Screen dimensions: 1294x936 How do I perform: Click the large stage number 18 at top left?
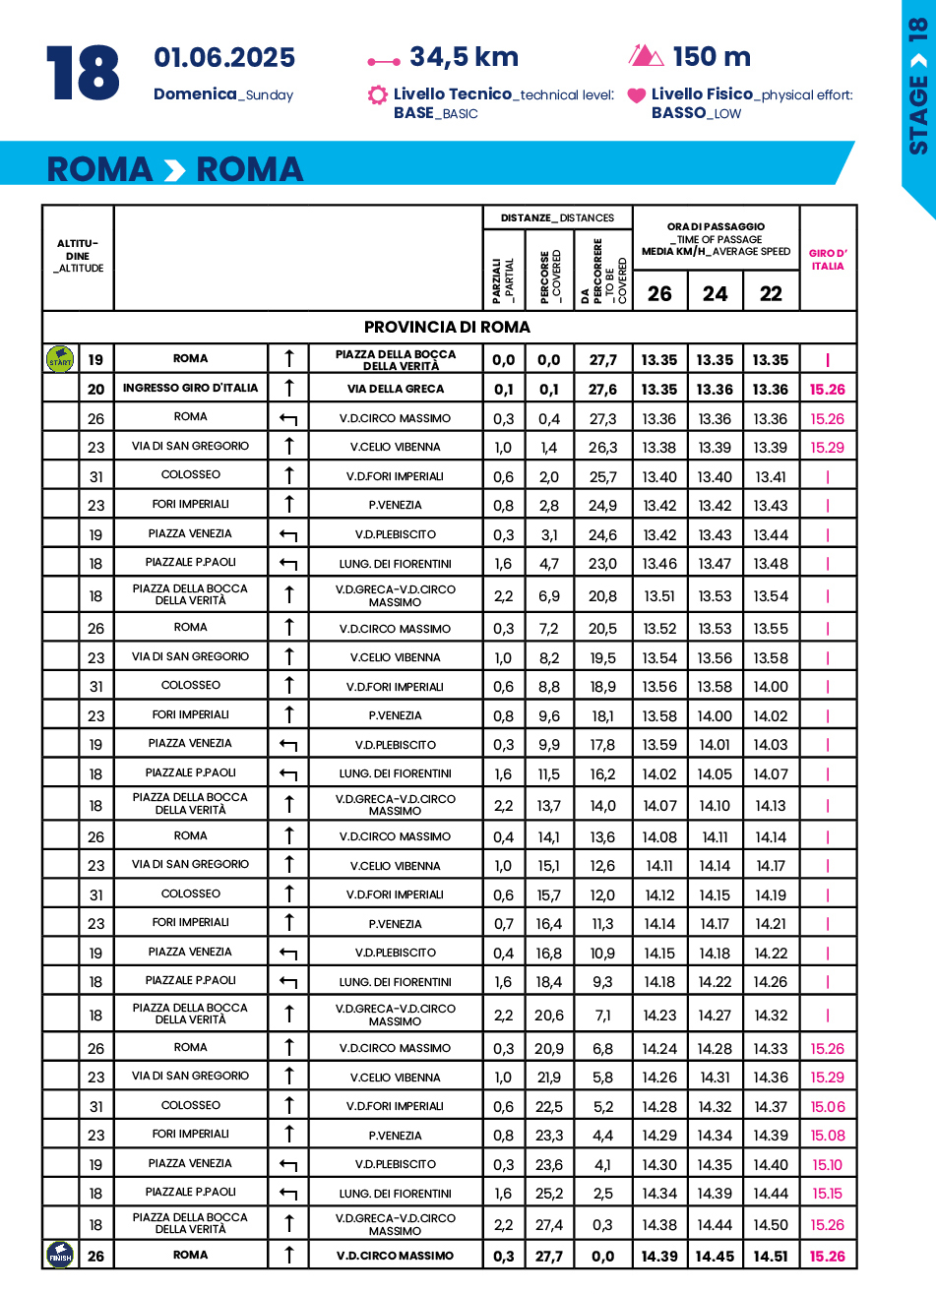(83, 73)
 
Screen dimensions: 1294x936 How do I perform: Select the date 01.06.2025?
(224, 58)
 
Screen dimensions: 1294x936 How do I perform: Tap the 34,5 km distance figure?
(464, 57)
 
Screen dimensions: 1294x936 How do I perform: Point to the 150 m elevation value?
(712, 57)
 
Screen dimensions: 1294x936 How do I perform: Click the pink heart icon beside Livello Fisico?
(637, 95)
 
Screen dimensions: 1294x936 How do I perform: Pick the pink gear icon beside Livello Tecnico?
(377, 95)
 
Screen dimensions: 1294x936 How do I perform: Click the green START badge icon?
(60, 359)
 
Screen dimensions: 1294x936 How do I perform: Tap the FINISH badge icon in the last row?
(60, 1256)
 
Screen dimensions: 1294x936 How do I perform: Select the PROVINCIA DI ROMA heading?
(447, 327)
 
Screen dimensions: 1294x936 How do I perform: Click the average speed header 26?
(659, 293)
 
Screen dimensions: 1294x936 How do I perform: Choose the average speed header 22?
(771, 293)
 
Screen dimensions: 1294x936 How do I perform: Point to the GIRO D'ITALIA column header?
(828, 260)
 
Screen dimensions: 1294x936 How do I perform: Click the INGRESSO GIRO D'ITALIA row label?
(191, 388)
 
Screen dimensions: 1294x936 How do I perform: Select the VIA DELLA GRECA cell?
(396, 389)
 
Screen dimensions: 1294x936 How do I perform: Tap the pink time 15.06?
(828, 1106)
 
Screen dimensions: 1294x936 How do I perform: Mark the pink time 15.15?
(828, 1194)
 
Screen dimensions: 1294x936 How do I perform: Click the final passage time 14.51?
(771, 1256)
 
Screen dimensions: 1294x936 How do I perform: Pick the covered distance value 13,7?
(549, 806)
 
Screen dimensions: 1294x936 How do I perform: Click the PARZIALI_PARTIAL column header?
(503, 280)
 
